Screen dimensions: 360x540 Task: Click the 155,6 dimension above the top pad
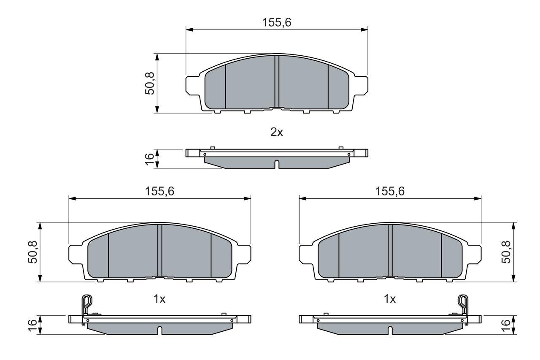277,23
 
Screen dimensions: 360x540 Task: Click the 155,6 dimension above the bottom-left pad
159,191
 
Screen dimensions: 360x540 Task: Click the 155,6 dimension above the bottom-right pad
390,191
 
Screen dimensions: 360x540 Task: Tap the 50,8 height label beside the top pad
150,83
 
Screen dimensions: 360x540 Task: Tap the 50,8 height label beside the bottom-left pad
33,252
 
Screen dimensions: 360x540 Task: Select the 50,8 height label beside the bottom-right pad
506,252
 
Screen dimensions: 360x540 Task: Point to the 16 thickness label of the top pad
150,159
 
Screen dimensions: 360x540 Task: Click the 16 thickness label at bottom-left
33,325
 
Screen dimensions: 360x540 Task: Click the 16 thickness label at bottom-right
506,325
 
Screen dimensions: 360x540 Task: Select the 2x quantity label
277,132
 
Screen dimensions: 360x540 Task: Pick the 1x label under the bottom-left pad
159,299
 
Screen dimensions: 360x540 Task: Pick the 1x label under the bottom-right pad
390,299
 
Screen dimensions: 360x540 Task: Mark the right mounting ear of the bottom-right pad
474,253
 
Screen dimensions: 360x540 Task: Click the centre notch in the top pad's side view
277,164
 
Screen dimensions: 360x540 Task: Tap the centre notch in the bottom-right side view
390,330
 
